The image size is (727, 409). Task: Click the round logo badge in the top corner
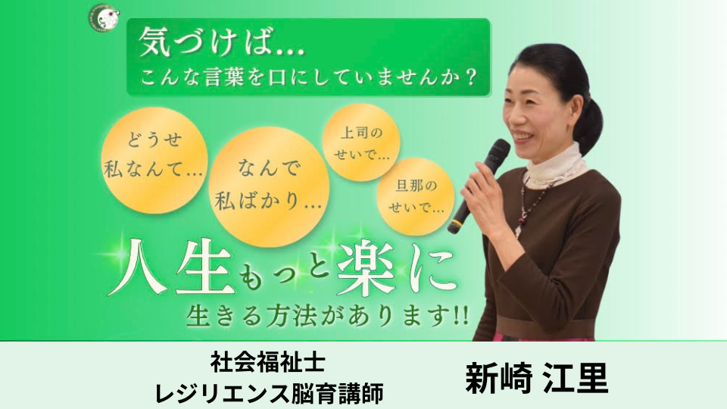tap(104, 18)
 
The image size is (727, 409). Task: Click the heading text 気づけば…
tap(222, 42)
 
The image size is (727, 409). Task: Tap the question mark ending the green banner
tap(470, 76)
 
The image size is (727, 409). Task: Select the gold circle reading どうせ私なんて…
tap(154, 161)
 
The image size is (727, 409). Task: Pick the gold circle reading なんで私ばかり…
tap(269, 187)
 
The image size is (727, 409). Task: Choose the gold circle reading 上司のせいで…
tap(362, 142)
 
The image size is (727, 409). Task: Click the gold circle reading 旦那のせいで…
tap(416, 197)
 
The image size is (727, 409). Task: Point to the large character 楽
tap(367, 268)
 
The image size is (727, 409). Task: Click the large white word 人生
tap(171, 267)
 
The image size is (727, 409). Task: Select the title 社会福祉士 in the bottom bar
tap(268, 362)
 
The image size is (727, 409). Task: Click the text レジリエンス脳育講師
tap(269, 393)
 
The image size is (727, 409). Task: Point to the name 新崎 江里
tap(536, 377)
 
